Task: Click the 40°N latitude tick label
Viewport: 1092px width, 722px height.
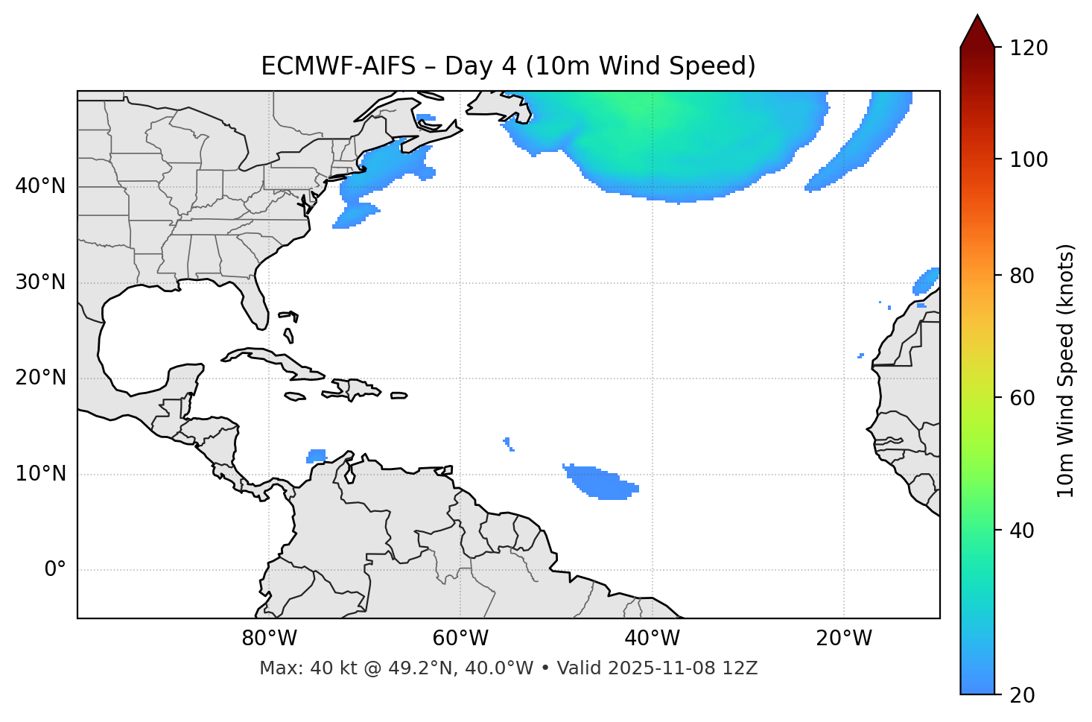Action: (40, 186)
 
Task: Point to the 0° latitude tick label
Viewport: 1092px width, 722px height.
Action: (55, 570)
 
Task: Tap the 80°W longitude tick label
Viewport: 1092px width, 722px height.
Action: (269, 639)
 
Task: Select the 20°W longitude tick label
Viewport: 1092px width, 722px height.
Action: (844, 639)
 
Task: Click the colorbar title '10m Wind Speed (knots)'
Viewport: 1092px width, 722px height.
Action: (1066, 371)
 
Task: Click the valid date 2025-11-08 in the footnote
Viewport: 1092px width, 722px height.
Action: (663, 668)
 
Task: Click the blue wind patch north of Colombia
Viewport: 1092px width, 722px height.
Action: (317, 455)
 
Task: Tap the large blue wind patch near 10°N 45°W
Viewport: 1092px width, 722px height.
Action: (600, 483)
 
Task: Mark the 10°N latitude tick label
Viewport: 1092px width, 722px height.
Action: (40, 474)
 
